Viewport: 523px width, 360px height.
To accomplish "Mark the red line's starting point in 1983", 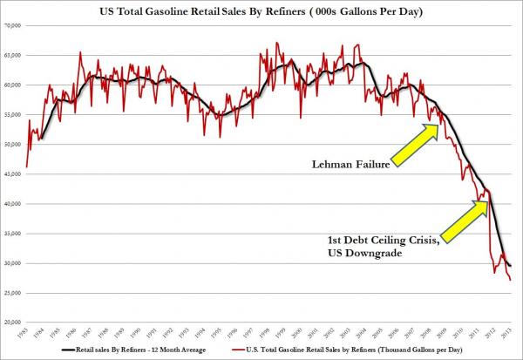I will coord(27,166).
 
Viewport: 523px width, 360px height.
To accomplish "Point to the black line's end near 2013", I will coord(511,265).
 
